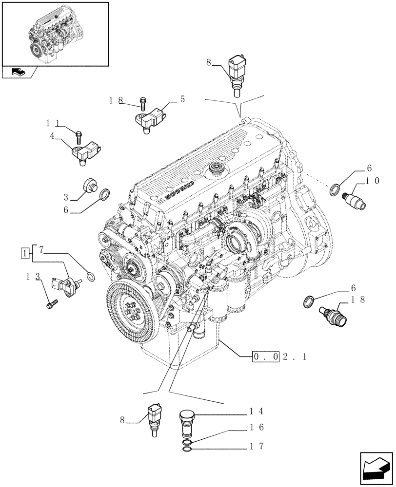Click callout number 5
(x=182, y=99)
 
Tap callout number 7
(x=41, y=250)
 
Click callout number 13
(x=32, y=277)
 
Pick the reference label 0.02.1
(x=280, y=357)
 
